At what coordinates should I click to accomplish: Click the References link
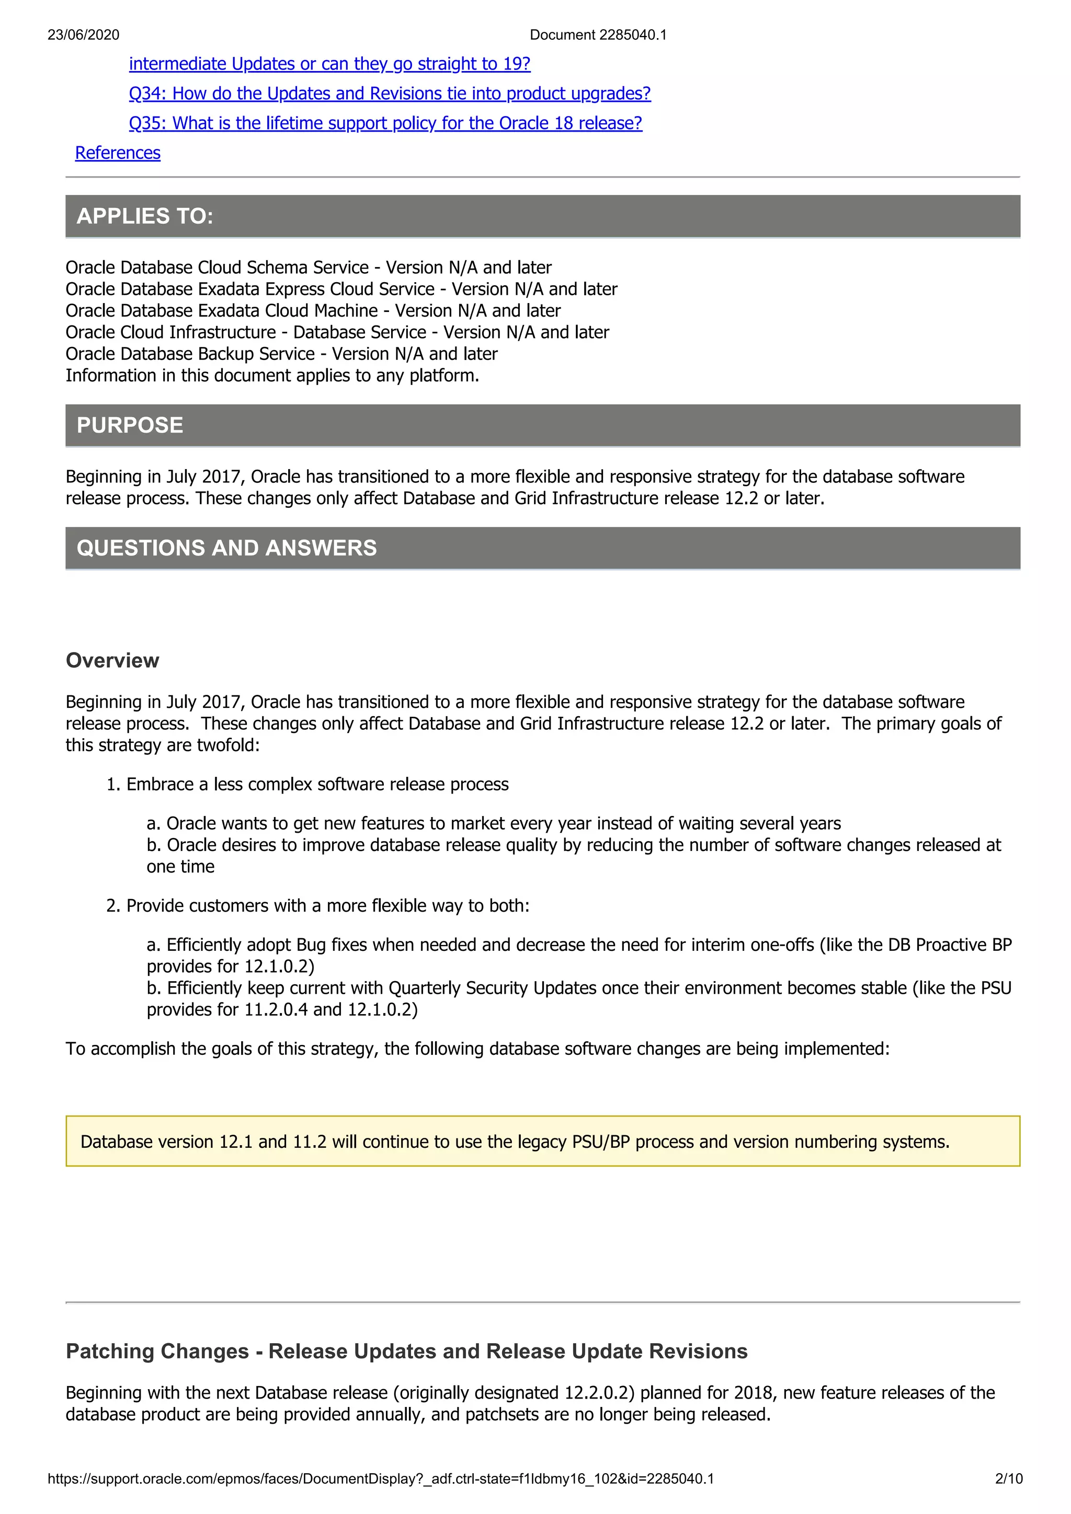point(118,153)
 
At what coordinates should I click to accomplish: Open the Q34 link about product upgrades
point(389,94)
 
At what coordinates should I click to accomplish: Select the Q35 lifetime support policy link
point(385,123)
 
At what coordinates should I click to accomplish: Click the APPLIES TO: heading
point(145,216)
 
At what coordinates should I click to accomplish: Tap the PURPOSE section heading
point(130,425)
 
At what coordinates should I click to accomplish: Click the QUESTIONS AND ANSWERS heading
point(226,548)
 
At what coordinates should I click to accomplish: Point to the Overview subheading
point(112,660)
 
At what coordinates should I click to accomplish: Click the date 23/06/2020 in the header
point(83,35)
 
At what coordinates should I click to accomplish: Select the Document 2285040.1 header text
point(598,35)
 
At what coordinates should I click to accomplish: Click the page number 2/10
point(1008,1478)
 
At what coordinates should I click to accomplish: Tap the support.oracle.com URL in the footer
point(380,1478)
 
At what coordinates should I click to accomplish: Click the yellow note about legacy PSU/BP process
point(515,1142)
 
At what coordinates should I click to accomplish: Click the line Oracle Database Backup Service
point(281,354)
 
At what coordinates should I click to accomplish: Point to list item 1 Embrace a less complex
point(307,784)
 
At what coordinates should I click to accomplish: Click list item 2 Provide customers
point(318,905)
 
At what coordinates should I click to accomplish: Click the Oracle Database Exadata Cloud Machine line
point(313,310)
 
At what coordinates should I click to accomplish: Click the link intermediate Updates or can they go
point(329,64)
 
